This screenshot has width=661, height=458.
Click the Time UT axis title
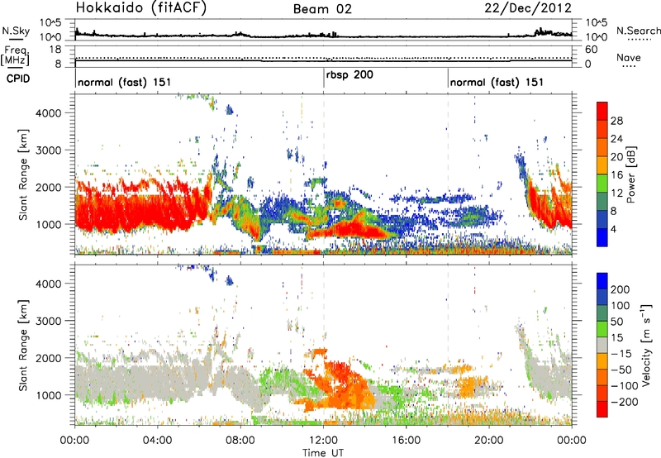[x=323, y=453]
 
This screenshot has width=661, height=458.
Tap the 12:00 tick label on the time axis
[x=323, y=439]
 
